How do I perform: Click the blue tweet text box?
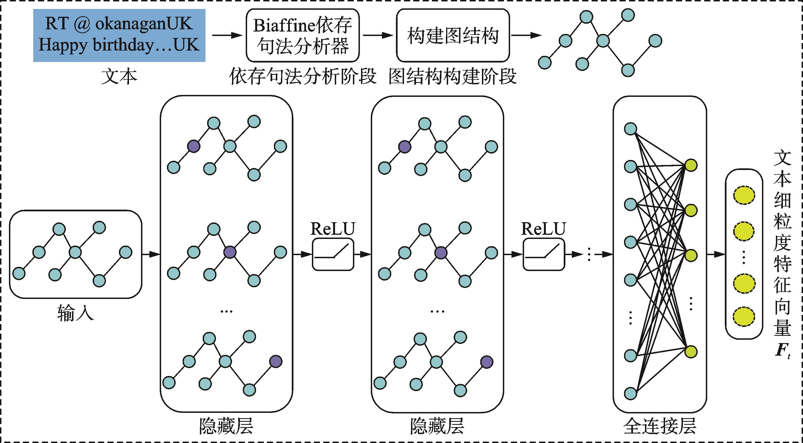(119, 35)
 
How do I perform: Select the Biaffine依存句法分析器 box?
(303, 35)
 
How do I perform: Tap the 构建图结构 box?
(453, 35)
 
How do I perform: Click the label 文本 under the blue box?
(119, 77)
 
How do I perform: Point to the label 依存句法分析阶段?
(303, 77)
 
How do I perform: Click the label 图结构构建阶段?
(453, 77)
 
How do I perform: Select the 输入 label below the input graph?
(75, 313)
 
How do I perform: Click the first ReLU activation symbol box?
(333, 254)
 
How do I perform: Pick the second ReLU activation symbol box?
(544, 254)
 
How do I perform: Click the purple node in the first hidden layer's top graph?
(193, 146)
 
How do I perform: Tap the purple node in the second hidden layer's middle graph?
(441, 253)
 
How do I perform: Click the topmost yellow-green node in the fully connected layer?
(691, 166)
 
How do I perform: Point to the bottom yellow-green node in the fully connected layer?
(691, 352)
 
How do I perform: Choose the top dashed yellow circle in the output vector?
(744, 196)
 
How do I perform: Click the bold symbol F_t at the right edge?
(782, 350)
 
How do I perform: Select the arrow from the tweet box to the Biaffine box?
(227, 35)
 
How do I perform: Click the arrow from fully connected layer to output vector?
(716, 254)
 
